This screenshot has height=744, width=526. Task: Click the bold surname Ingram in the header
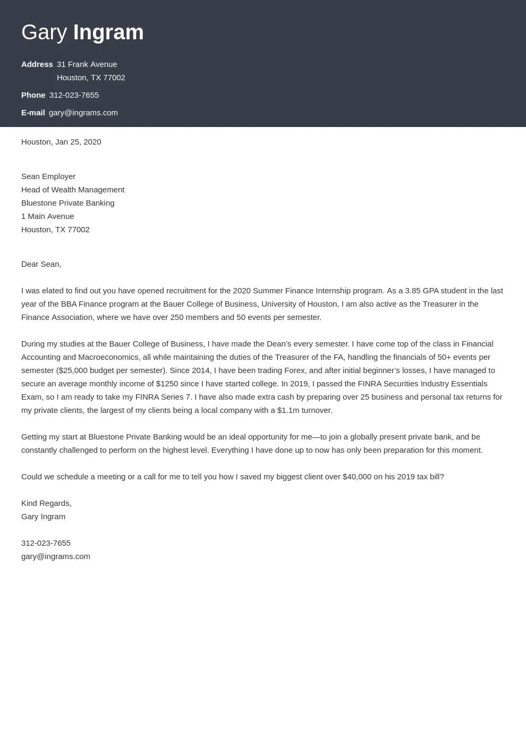tap(108, 32)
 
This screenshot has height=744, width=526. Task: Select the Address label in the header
tap(37, 64)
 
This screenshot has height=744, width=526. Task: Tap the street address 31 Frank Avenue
tap(87, 64)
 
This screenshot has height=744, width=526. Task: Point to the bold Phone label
tap(33, 95)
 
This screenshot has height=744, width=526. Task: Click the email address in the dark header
tap(83, 113)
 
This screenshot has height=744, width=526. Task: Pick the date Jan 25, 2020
tap(78, 142)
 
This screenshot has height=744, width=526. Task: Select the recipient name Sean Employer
tap(48, 176)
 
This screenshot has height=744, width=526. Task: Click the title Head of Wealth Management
tap(73, 190)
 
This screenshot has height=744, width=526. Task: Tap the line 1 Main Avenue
tap(48, 216)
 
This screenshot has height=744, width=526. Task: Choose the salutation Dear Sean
tap(41, 264)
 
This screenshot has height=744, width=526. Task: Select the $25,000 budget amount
tap(73, 370)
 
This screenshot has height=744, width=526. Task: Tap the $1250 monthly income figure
tap(167, 384)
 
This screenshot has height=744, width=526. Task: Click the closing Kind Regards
tap(46, 503)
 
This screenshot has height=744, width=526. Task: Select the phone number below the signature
tap(46, 543)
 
